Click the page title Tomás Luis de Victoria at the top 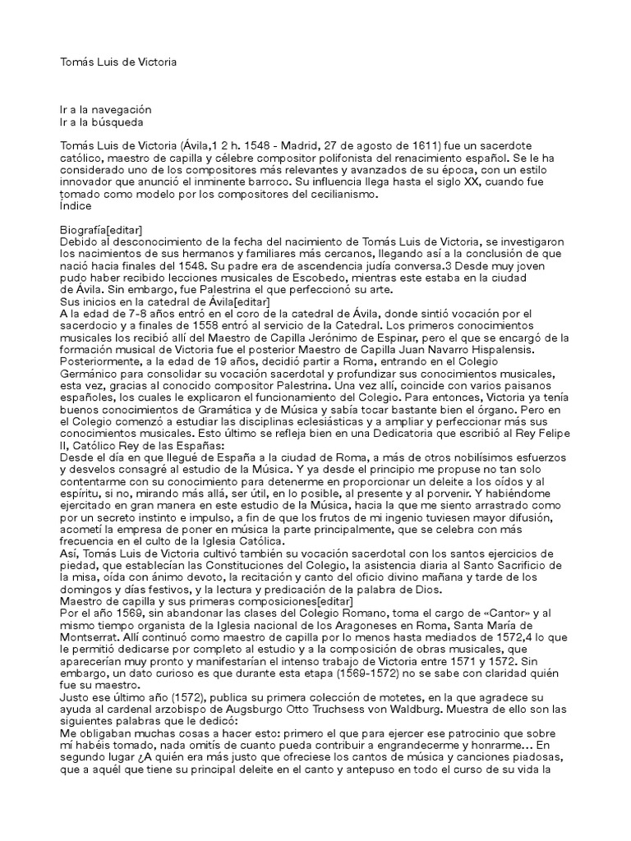click(118, 62)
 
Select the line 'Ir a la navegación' click(106, 109)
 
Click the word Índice click(76, 206)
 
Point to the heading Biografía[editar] click(113, 230)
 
